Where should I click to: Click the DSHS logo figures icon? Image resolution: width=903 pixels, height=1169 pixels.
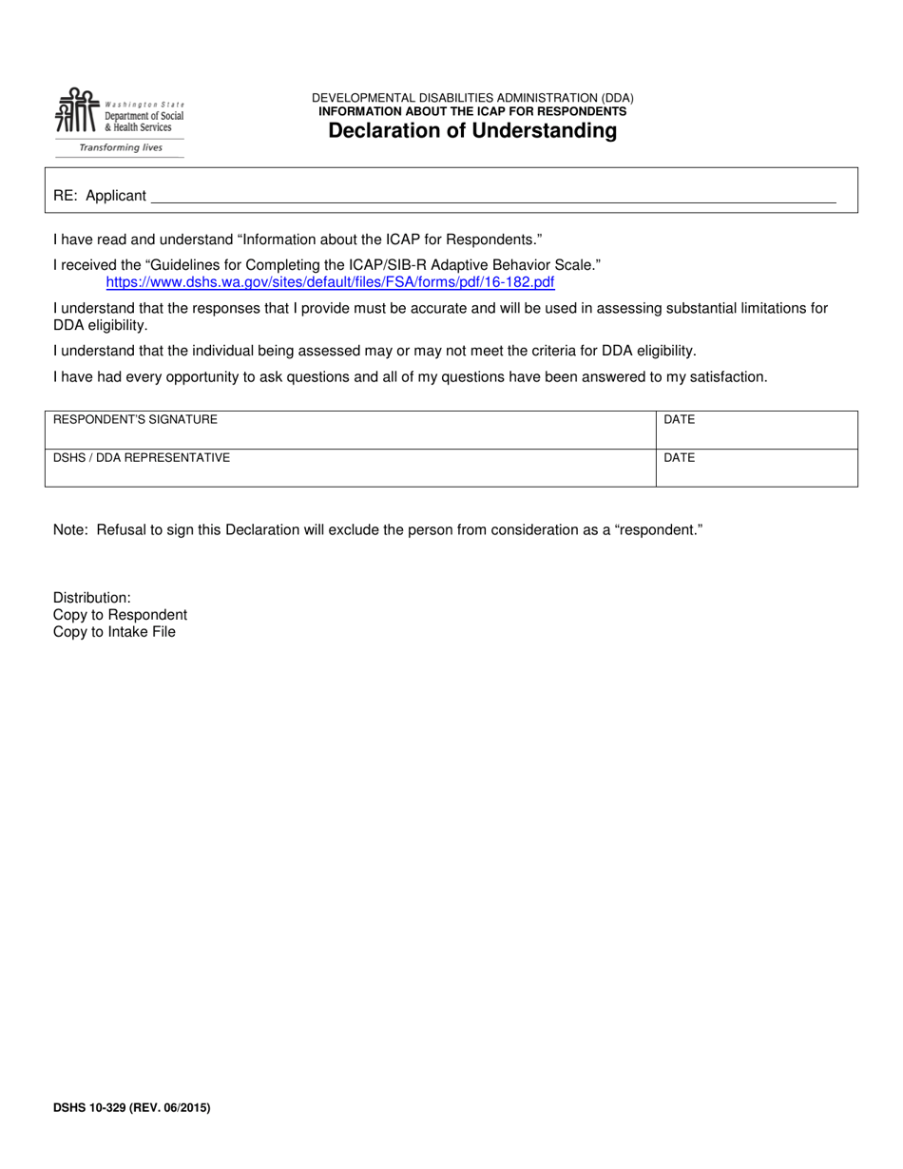pos(75,112)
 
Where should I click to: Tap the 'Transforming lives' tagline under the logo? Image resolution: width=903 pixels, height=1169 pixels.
pos(120,148)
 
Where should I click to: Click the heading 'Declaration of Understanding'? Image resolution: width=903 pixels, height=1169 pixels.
pos(472,131)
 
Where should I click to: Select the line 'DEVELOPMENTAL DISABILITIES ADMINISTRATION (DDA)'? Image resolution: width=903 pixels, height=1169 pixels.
pos(472,98)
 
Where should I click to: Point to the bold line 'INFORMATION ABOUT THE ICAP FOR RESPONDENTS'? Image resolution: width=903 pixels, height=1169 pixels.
pos(472,111)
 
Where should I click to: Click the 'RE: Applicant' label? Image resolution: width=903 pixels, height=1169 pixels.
pos(100,196)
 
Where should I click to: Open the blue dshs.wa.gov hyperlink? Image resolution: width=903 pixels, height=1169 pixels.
pos(330,282)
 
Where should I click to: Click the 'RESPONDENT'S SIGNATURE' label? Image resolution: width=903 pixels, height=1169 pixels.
pos(135,419)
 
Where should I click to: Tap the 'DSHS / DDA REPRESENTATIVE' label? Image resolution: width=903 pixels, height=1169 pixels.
pos(142,457)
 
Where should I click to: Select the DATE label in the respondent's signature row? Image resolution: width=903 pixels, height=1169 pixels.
pos(679,419)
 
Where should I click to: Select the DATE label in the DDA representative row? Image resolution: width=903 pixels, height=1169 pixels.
pos(679,457)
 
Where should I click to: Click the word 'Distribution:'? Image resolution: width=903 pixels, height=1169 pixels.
pos(92,598)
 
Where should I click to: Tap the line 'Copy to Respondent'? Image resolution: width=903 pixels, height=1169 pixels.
pos(120,615)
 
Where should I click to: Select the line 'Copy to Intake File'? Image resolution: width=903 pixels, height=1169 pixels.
pos(114,632)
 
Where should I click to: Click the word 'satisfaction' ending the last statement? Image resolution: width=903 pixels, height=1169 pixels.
pos(726,376)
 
